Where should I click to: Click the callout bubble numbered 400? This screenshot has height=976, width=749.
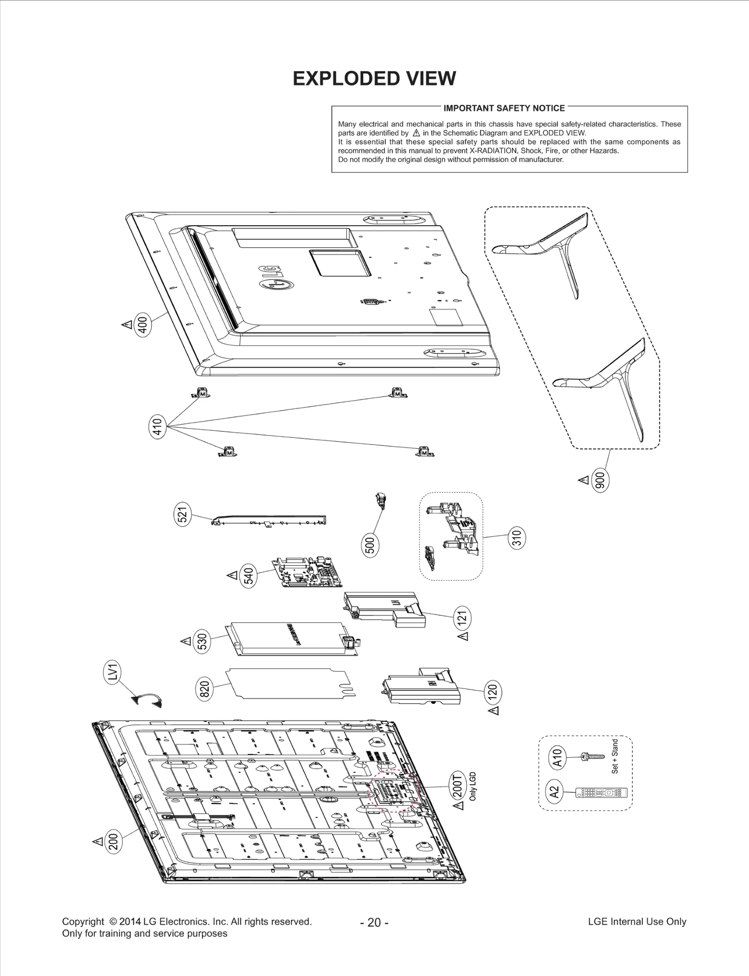(x=143, y=325)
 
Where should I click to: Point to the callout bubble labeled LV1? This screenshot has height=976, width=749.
(x=112, y=673)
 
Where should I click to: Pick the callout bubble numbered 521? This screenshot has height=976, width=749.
(x=183, y=514)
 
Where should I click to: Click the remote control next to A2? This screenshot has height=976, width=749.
(x=601, y=793)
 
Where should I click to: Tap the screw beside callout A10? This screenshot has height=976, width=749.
(x=592, y=756)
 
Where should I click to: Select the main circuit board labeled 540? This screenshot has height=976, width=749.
(x=309, y=572)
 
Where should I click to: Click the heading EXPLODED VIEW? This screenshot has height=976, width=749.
(x=374, y=79)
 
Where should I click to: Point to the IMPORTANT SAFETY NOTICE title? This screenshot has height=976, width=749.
(x=504, y=108)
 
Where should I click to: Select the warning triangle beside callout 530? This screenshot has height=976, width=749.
(x=186, y=641)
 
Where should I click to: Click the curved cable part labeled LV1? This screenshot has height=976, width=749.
(x=147, y=700)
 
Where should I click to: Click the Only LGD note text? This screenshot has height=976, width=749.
(x=473, y=786)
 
